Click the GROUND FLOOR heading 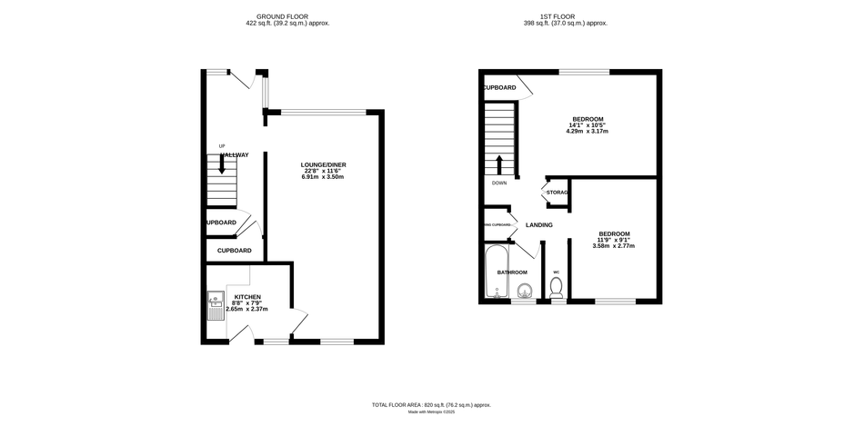[x=287, y=16]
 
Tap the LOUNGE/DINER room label [x=324, y=165]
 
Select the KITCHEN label [x=247, y=297]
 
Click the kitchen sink [x=216, y=306]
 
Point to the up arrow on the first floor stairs [x=498, y=164]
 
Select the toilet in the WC [x=557, y=288]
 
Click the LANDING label [x=538, y=224]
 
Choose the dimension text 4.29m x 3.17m [x=587, y=132]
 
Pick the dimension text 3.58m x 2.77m [x=613, y=246]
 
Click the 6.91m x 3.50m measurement [x=324, y=177]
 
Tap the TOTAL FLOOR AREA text [x=431, y=404]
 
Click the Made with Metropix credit [x=431, y=412]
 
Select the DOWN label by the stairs [x=499, y=183]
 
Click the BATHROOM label [x=511, y=272]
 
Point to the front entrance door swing [x=244, y=81]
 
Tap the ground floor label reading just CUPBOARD [x=234, y=250]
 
